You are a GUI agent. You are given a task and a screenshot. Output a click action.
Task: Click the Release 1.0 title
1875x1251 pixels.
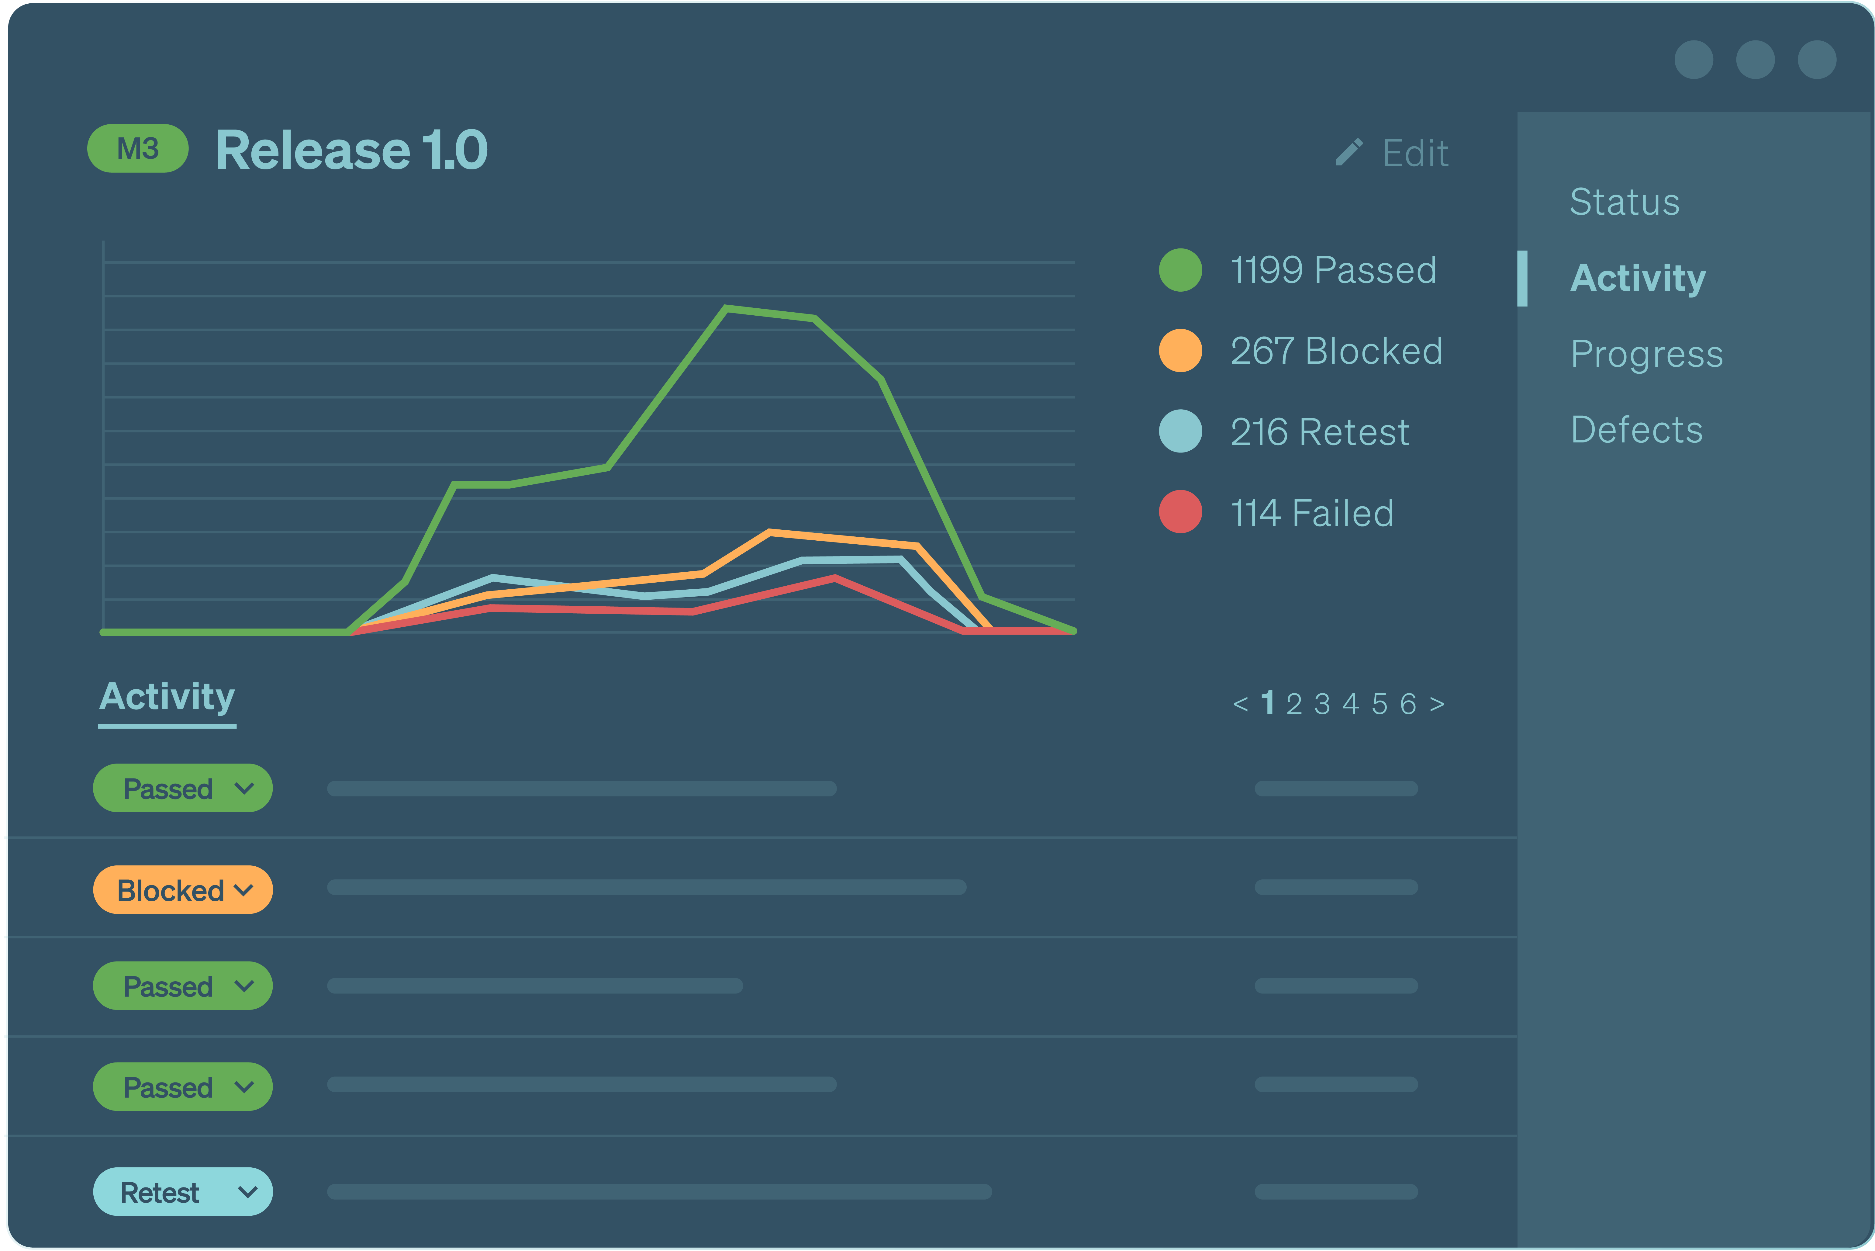point(351,150)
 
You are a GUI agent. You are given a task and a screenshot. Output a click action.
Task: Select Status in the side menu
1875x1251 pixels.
point(1624,202)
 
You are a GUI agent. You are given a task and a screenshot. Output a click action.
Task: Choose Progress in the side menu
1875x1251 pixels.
point(1646,353)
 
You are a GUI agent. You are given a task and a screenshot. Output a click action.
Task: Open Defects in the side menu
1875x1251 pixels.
point(1636,430)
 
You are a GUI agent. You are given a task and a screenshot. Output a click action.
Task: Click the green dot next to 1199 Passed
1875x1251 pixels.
point(1179,270)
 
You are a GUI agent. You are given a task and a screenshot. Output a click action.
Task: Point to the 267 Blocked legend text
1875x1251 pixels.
point(1336,351)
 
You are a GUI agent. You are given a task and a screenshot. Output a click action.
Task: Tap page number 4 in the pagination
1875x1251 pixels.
point(1350,704)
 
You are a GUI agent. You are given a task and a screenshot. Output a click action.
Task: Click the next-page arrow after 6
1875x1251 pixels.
point(1436,704)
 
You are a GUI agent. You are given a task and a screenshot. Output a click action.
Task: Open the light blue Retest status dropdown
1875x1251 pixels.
point(183,1192)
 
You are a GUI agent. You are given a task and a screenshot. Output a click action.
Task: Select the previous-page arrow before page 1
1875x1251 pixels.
point(1240,704)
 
